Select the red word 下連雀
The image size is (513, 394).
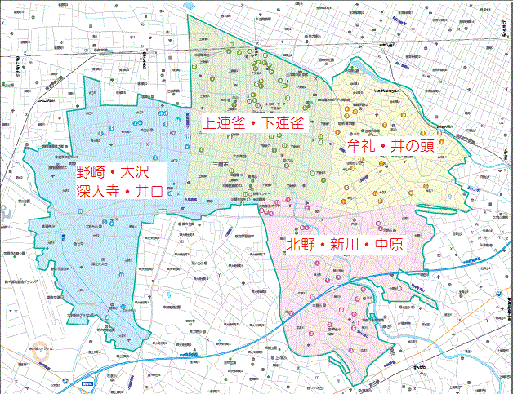click(283, 123)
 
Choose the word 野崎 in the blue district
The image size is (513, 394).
click(92, 173)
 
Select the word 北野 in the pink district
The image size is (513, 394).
click(301, 245)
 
